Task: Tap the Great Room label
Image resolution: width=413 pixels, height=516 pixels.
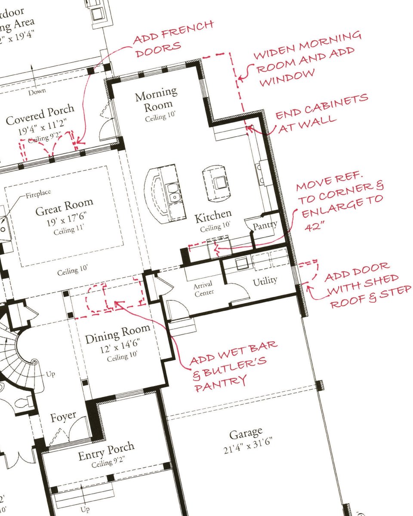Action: (x=64, y=207)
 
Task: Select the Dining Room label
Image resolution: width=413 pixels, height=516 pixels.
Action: (x=118, y=334)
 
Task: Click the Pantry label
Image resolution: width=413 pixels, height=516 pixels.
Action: (x=265, y=225)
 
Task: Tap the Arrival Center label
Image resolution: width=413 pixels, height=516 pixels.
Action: (x=203, y=289)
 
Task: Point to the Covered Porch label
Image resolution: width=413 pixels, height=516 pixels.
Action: (x=40, y=115)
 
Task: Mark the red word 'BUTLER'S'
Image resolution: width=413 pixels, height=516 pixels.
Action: (x=230, y=369)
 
